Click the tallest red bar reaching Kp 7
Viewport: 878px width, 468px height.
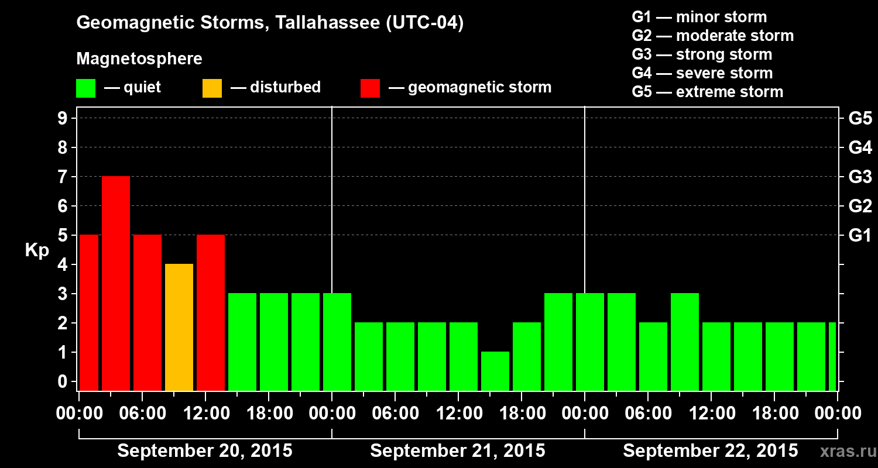point(116,283)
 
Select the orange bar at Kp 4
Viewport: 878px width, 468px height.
point(179,327)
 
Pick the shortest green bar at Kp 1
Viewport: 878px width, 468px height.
point(495,371)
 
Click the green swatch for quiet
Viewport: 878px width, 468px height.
point(85,88)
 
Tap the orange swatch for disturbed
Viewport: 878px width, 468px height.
point(212,88)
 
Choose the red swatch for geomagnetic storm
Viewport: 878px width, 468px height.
point(371,88)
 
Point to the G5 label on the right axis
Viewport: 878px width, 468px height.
point(860,119)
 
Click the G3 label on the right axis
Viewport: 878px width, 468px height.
point(860,177)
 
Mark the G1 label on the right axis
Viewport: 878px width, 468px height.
point(860,236)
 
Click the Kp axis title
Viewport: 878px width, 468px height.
point(37,250)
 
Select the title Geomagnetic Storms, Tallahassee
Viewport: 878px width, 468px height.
point(270,23)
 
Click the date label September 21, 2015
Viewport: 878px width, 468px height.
point(458,451)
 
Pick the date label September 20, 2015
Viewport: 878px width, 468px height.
point(205,451)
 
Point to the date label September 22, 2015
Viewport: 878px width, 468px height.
point(710,451)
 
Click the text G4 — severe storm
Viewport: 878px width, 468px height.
point(702,73)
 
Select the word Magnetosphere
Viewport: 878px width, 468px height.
point(139,59)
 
